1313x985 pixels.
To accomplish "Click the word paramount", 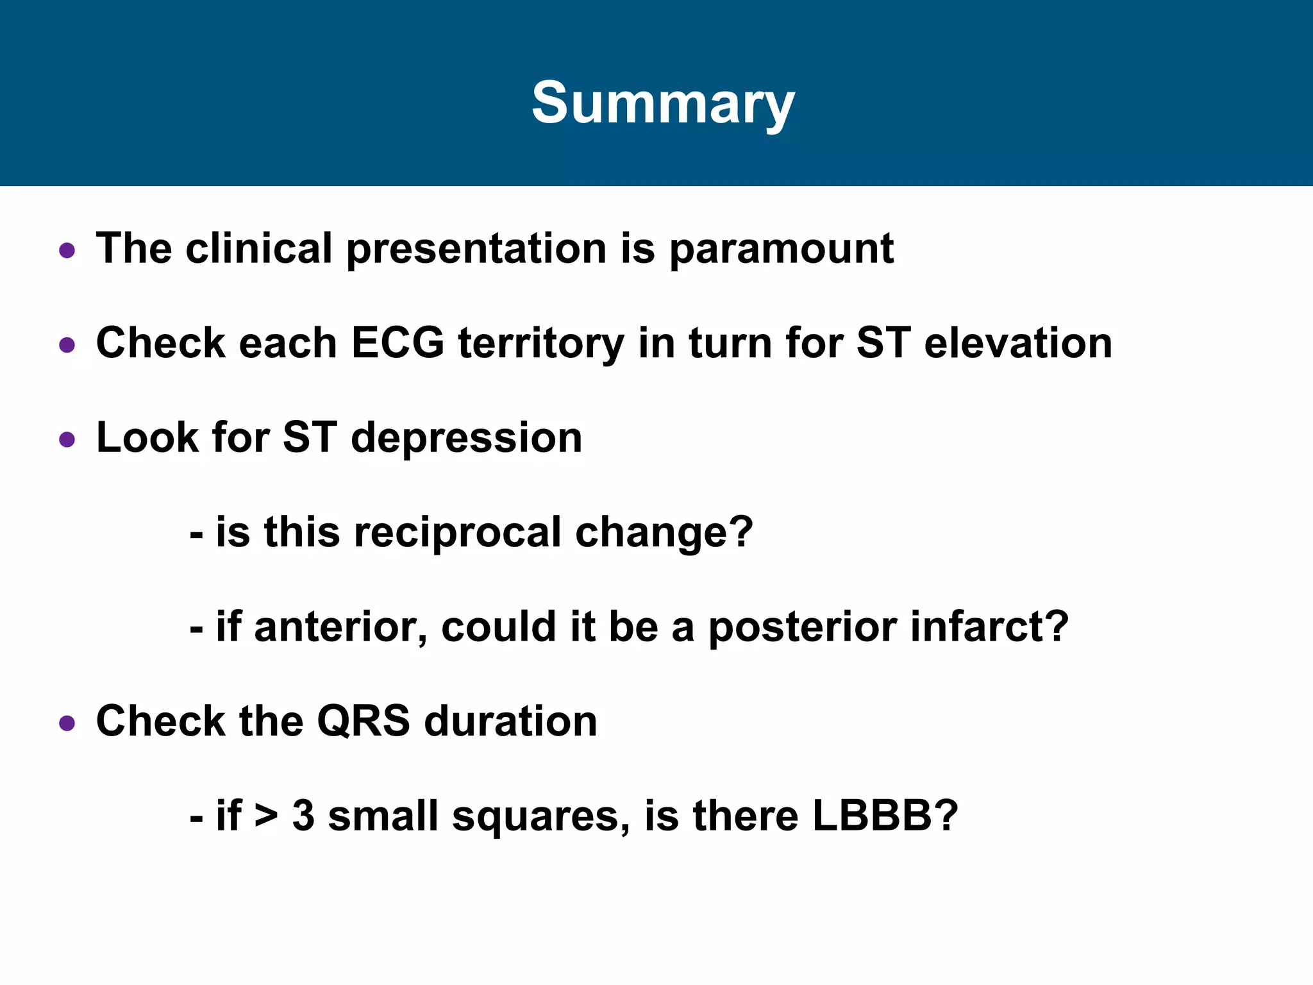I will (782, 249).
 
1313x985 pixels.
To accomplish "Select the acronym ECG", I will (397, 342).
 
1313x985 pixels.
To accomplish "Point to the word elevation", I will (1018, 342).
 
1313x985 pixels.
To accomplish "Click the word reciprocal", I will (457, 533).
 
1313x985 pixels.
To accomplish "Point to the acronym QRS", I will (363, 721).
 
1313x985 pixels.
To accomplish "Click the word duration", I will (510, 721).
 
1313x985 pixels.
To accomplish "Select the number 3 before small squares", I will (303, 816).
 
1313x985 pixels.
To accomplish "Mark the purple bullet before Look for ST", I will (67, 440).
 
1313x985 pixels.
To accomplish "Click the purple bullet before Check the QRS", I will (67, 724).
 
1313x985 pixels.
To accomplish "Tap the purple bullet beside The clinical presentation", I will (67, 250).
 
